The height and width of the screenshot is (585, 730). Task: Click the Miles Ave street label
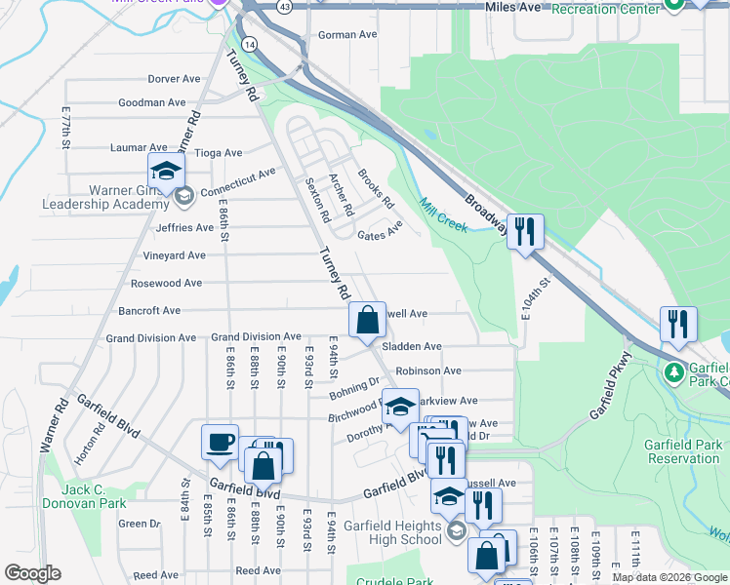click(x=513, y=8)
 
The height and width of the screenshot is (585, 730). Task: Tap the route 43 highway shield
click(x=283, y=6)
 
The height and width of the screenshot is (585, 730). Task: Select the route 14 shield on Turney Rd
click(x=251, y=45)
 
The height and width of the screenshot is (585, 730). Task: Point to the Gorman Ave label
click(x=347, y=35)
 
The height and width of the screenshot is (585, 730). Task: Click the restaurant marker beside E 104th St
click(x=525, y=231)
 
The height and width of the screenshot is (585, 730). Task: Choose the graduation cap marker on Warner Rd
click(x=167, y=170)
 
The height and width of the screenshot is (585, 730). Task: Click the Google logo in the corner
click(x=32, y=573)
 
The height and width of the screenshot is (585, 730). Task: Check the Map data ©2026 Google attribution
click(x=669, y=577)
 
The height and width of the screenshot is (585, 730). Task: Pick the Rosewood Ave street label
click(x=166, y=283)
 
